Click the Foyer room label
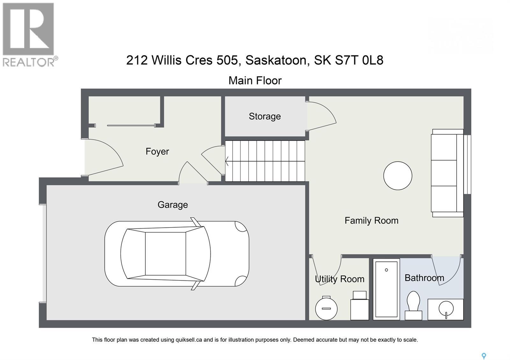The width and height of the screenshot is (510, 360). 157,151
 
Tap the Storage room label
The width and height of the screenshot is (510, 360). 265,116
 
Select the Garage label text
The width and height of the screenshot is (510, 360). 172,205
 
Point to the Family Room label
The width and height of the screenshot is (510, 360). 371,220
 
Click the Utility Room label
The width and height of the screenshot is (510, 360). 339,279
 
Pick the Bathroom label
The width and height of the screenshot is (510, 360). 424,278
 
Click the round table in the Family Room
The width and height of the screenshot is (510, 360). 397,176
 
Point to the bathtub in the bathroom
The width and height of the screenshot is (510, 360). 386,289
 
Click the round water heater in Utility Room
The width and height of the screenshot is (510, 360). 326,308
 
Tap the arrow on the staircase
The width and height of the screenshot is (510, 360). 227,161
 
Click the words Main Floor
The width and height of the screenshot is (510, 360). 255,81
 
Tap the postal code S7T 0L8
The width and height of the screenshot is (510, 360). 359,60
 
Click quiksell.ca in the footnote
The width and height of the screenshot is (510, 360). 189,340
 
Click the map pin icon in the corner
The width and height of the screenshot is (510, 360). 484,356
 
